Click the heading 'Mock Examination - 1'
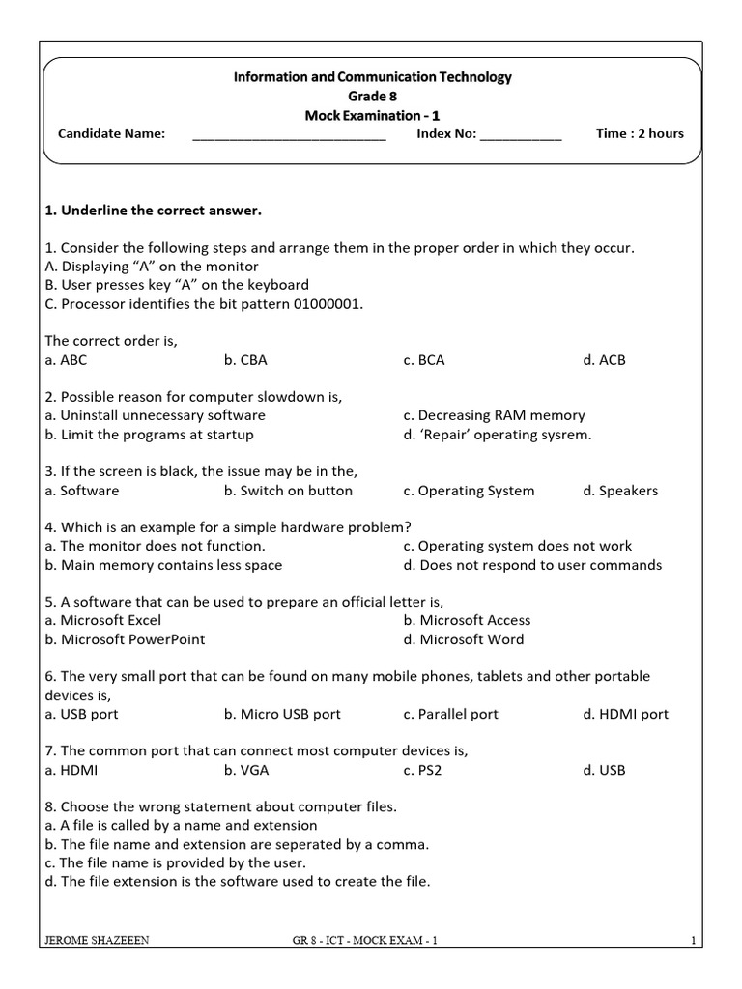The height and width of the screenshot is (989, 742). click(x=372, y=115)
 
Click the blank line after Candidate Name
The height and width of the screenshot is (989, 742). click(x=289, y=136)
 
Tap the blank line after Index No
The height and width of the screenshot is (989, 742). click(x=520, y=136)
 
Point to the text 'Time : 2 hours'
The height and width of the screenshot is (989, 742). click(x=640, y=133)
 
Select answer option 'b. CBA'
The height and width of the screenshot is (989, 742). click(x=245, y=360)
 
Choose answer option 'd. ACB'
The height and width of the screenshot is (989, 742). click(x=604, y=360)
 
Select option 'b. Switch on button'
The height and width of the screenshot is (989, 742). click(x=288, y=491)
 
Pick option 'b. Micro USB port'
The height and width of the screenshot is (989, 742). click(x=282, y=715)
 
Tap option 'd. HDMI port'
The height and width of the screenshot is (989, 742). click(x=625, y=715)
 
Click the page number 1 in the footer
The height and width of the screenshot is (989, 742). click(x=694, y=940)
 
